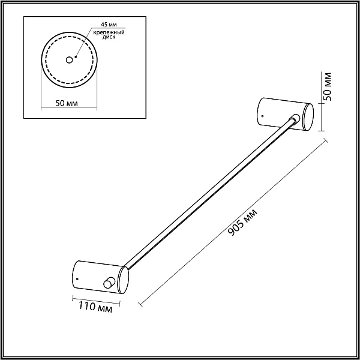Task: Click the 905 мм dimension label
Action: tap(242, 222)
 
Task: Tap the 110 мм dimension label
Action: tap(95, 307)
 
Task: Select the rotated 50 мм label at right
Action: tap(327, 86)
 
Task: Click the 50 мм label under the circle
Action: tap(67, 103)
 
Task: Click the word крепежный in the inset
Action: tap(109, 32)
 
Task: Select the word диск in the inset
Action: tap(109, 37)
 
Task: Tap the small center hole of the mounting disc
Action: tap(69, 60)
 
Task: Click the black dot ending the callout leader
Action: tap(76, 57)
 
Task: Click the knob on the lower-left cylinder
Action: tap(109, 283)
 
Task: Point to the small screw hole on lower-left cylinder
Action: tap(77, 279)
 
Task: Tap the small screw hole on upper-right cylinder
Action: tap(262, 116)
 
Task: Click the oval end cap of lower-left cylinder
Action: tap(123, 280)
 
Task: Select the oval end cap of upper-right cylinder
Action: tap(308, 117)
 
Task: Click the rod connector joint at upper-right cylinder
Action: tap(295, 118)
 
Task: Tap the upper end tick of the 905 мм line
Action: tap(326, 140)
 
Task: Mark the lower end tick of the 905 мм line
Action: tap(140, 304)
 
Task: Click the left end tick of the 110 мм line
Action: tap(73, 298)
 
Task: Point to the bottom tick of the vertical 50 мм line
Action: tap(321, 131)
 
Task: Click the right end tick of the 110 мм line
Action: tap(120, 303)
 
